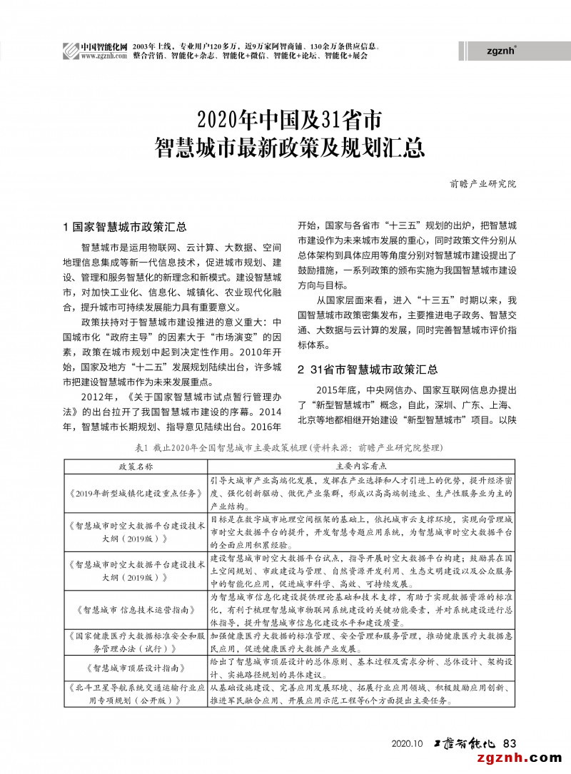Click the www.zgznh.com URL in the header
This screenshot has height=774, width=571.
[x=104, y=56]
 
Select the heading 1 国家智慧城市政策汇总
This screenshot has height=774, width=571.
[x=125, y=228]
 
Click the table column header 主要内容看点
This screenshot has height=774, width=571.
[x=363, y=465]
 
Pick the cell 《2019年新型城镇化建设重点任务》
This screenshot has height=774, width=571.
[x=136, y=493]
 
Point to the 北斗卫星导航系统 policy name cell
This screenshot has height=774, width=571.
[x=136, y=694]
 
